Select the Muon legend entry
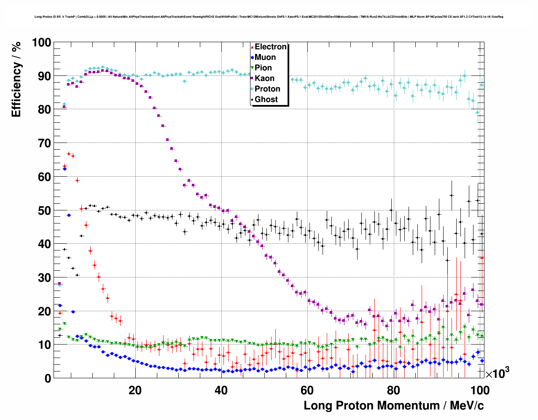(x=265, y=57)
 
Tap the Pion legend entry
(x=263, y=68)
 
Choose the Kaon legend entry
(x=264, y=78)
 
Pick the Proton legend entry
(x=267, y=89)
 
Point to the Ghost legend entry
(x=266, y=100)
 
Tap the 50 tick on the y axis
(x=44, y=210)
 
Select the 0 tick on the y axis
(x=48, y=378)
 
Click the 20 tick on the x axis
(x=135, y=390)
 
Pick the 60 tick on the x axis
(x=307, y=390)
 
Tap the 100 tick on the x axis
(x=479, y=390)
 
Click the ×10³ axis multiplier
(x=497, y=374)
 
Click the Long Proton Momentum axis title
(x=394, y=406)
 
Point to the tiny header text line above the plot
(x=269, y=17)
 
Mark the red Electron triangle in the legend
(x=252, y=47)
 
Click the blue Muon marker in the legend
(x=252, y=57)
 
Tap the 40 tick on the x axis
(x=221, y=390)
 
